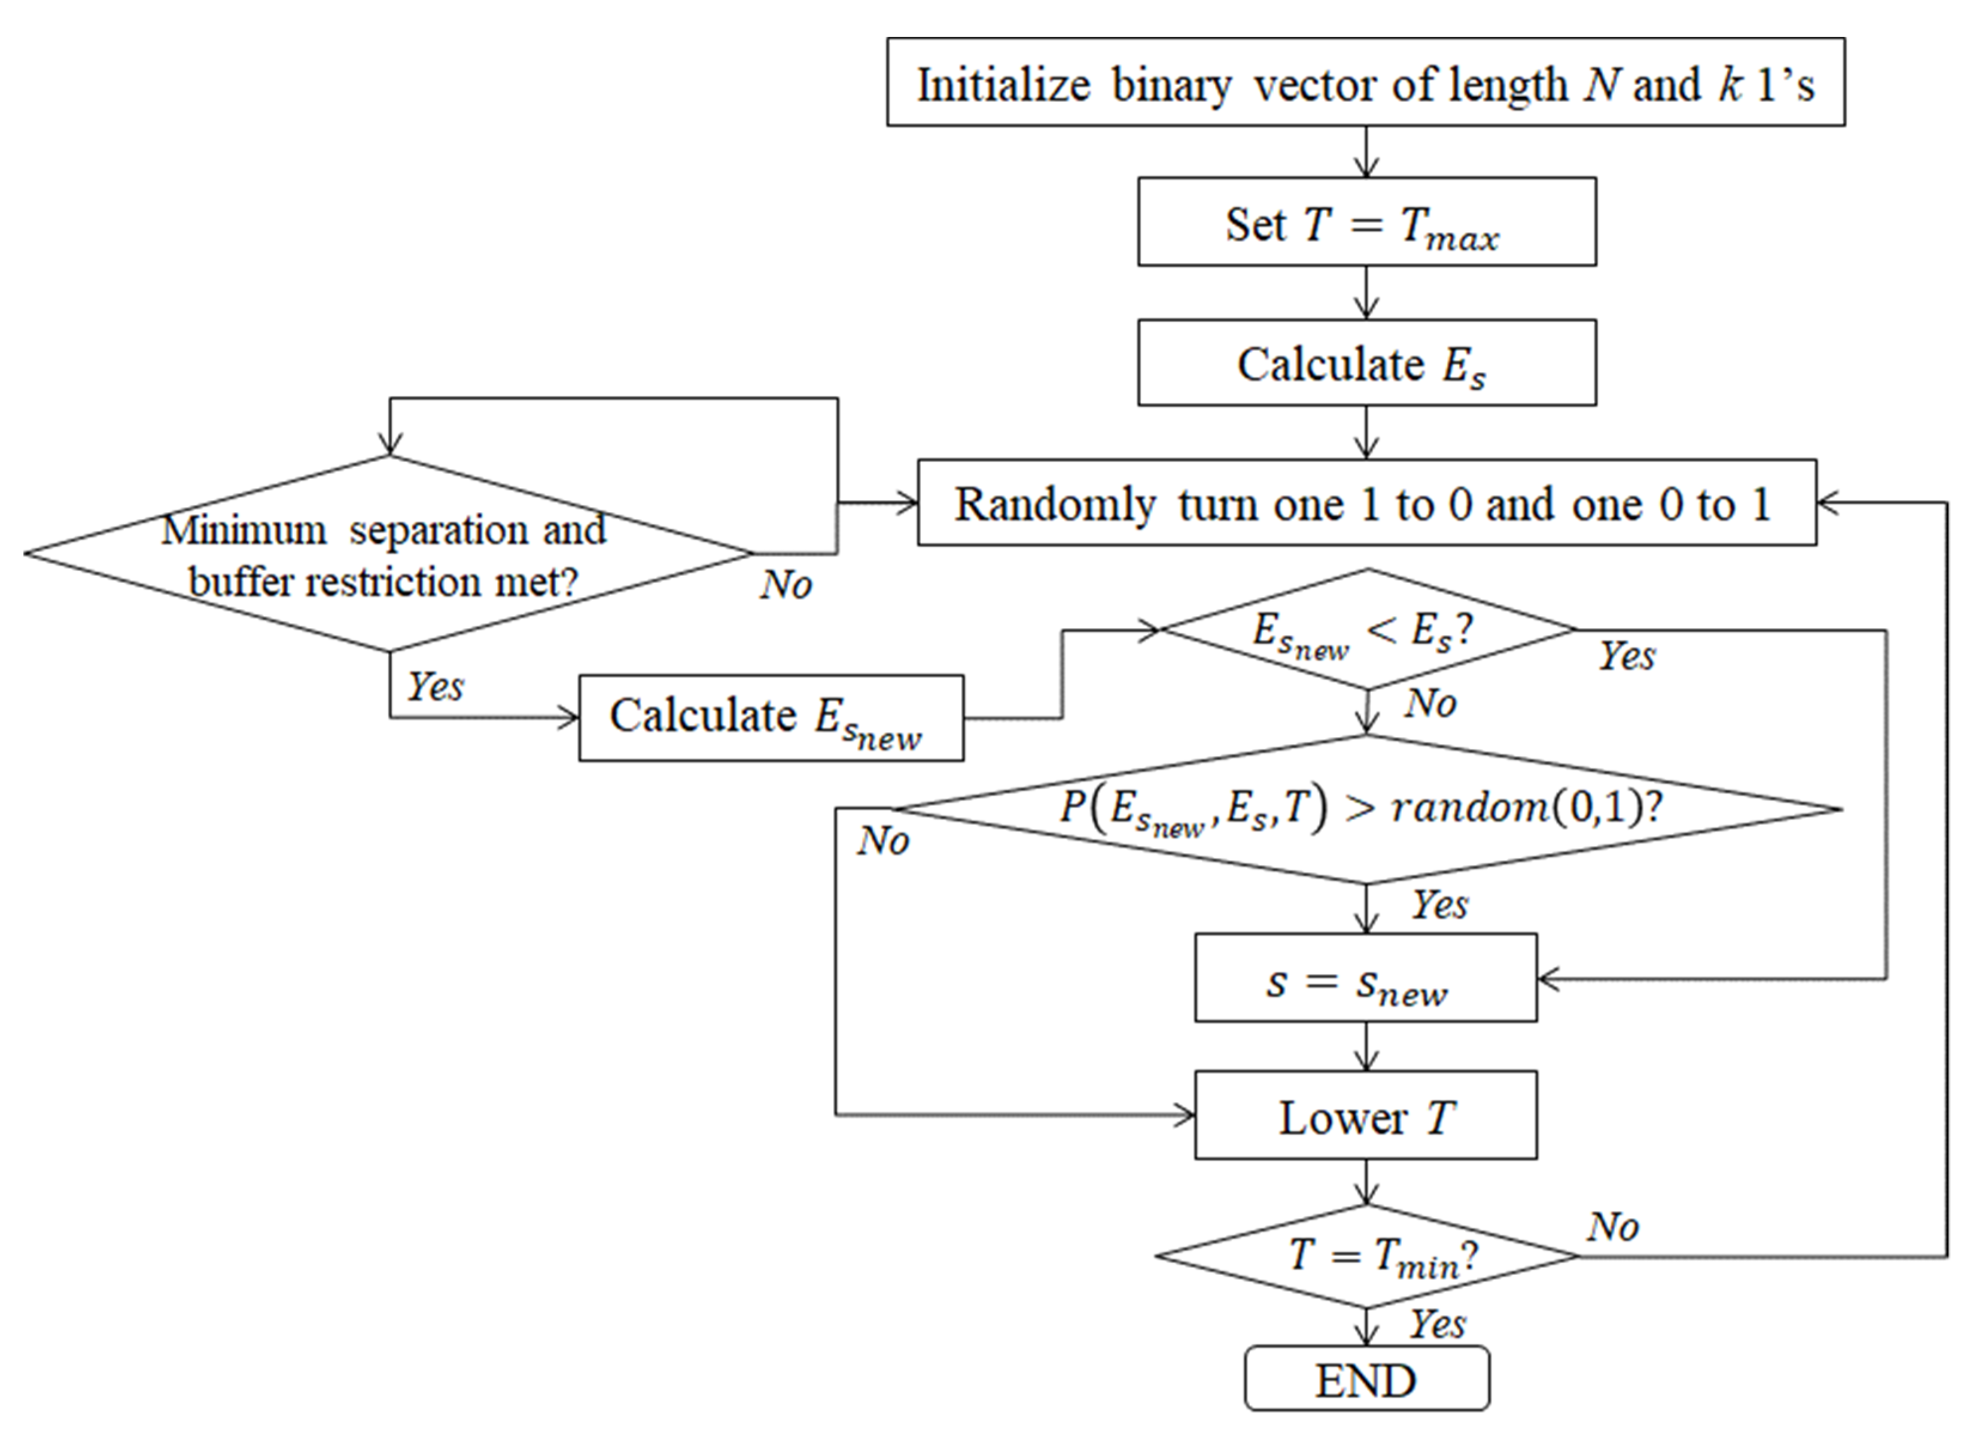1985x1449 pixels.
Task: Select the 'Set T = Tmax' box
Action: click(x=1366, y=222)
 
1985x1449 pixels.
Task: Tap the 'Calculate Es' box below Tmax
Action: click(x=1366, y=363)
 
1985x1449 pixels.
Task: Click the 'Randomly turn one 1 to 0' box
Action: click(x=1366, y=503)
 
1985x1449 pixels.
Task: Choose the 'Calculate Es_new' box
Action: click(x=770, y=717)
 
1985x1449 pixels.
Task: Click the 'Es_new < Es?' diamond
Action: click(x=1366, y=630)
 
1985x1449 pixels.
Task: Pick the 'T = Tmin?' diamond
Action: click(x=1366, y=1256)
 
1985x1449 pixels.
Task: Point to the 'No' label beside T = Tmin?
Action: click(x=1612, y=1226)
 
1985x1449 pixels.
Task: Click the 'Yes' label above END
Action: click(x=1437, y=1323)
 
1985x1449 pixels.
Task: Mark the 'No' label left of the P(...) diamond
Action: click(x=882, y=841)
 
